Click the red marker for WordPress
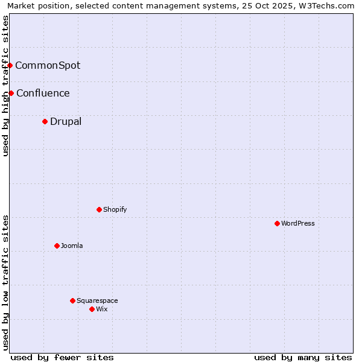tap(277, 223)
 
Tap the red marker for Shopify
tap(99, 209)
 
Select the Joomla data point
tap(57, 246)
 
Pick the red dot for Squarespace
tap(72, 300)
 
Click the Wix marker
tap(92, 309)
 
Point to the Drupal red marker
tap(45, 121)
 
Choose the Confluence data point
tap(11, 93)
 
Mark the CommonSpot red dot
tap(10, 65)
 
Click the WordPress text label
tap(298, 223)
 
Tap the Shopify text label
tap(115, 209)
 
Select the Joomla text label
tap(72, 246)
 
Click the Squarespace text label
tap(97, 300)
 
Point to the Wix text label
tap(102, 309)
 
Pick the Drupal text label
tap(66, 121)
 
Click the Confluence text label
tap(43, 93)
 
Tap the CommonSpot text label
tap(48, 65)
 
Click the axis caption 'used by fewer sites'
tap(62, 357)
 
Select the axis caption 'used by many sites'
tap(303, 357)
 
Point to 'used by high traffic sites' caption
tap(5, 86)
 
